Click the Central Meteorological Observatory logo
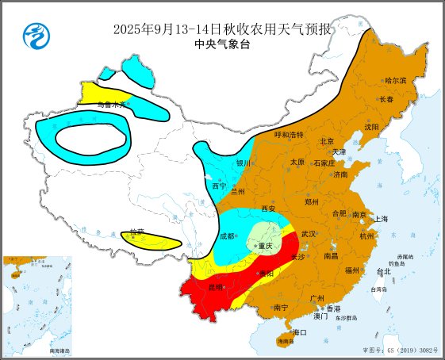point(35,35)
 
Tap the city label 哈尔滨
point(395,81)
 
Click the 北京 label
point(326,141)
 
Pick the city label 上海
point(382,219)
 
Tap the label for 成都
point(227,236)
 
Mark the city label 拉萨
point(137,232)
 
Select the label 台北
point(383,272)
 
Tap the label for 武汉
point(309,234)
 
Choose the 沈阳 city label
point(371,127)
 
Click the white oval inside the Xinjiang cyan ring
point(94,141)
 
